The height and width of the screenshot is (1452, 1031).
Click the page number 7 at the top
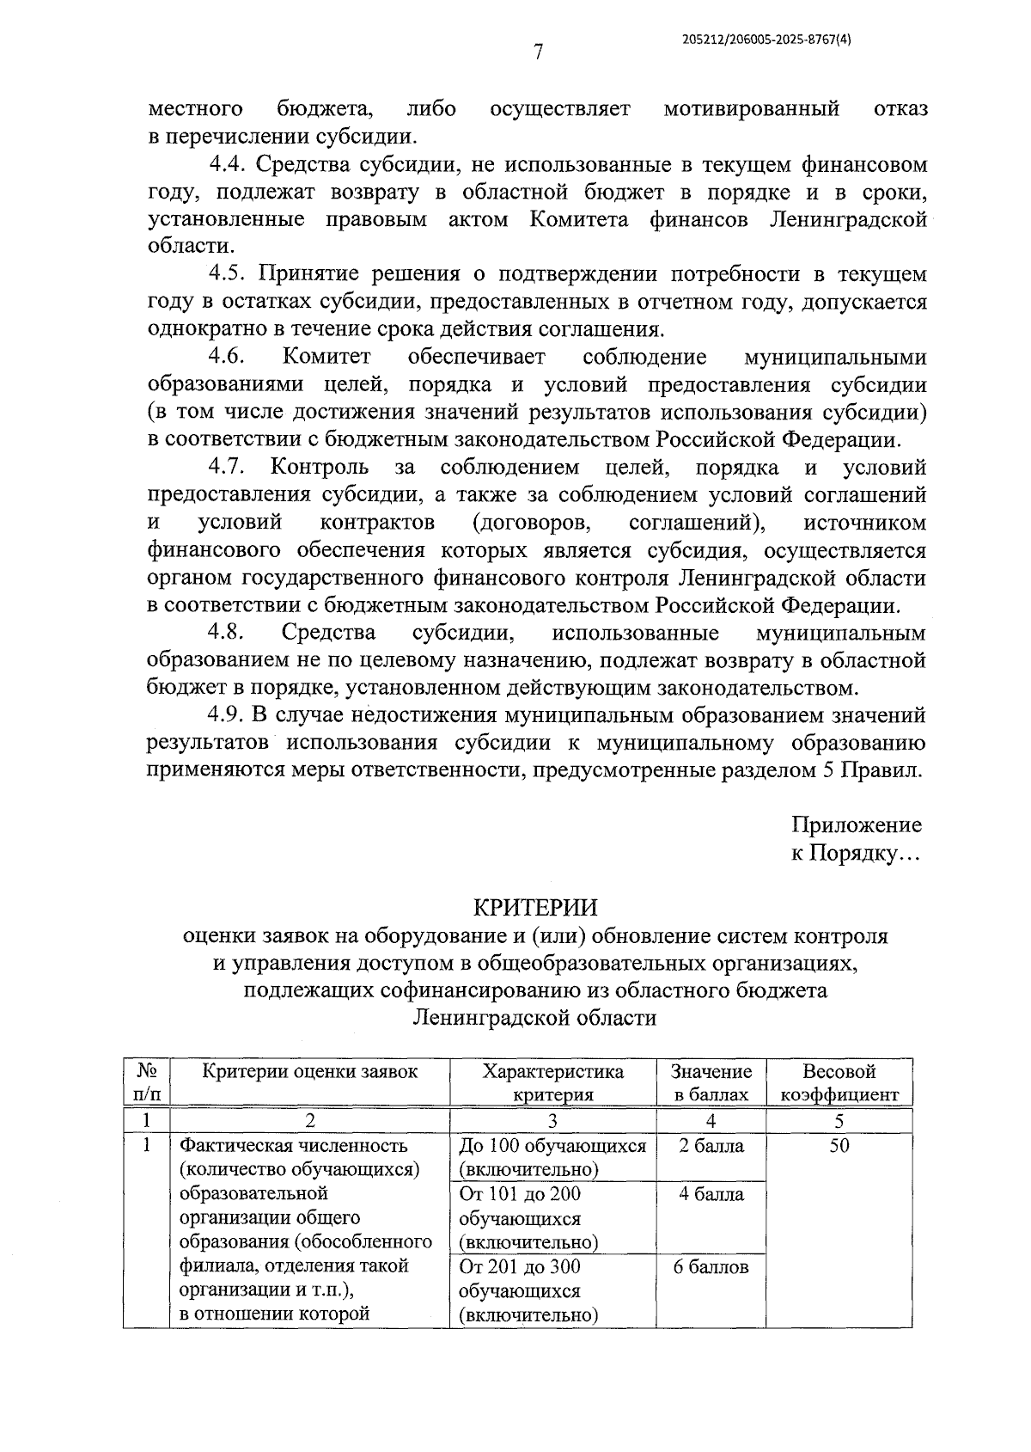point(538,52)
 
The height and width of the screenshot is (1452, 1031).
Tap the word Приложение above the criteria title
point(856,824)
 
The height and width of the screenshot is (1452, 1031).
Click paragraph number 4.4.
point(229,163)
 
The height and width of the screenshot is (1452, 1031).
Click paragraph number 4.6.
point(228,356)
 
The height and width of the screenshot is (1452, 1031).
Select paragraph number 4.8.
point(228,633)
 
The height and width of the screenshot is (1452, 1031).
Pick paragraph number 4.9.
point(229,715)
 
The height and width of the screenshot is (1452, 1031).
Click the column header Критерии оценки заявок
point(310,1071)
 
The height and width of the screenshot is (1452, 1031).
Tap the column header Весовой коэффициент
point(839,1083)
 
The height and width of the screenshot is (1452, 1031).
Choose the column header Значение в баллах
point(711,1083)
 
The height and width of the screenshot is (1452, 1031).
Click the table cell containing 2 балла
point(711,1146)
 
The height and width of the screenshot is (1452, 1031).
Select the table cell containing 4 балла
point(711,1194)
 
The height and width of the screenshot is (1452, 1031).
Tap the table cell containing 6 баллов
point(711,1266)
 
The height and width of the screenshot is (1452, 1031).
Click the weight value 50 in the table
point(839,1146)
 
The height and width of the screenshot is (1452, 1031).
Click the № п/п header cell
point(147,1083)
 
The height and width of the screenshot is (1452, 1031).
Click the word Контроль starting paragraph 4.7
point(320,467)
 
